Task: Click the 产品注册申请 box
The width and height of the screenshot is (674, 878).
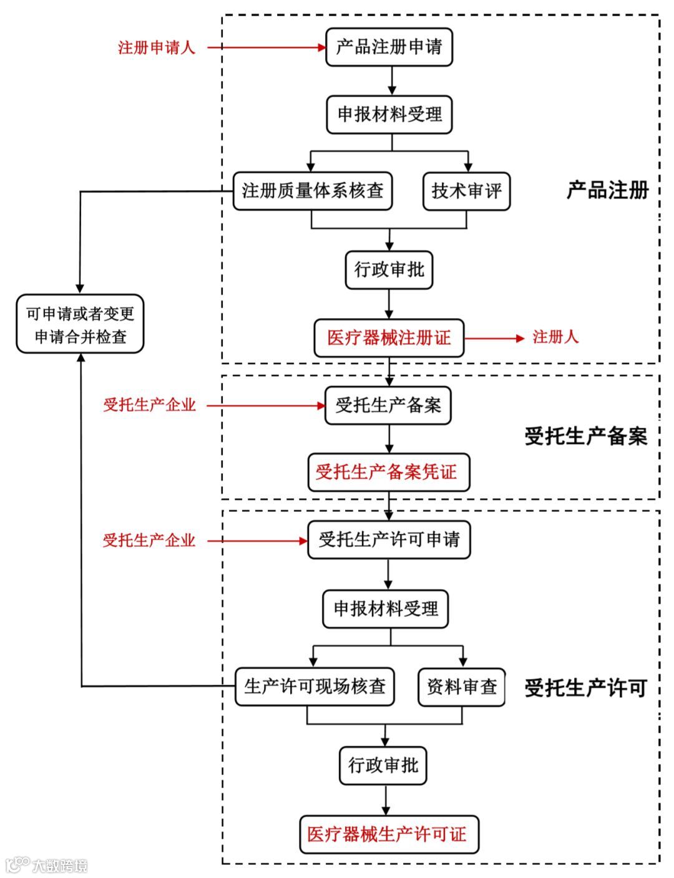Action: click(x=389, y=47)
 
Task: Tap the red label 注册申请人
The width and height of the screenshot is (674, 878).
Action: click(x=157, y=47)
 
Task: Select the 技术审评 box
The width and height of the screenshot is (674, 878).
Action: click(x=466, y=191)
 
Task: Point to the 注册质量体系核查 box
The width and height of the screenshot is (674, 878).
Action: click(x=313, y=191)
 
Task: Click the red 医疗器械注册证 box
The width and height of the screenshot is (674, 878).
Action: click(x=389, y=338)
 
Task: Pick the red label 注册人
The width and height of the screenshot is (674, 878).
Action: click(x=555, y=337)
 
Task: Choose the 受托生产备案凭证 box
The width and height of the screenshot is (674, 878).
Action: click(x=388, y=472)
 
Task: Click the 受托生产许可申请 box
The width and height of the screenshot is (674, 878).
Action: click(x=389, y=540)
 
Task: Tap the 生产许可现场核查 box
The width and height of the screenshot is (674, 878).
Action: click(x=315, y=687)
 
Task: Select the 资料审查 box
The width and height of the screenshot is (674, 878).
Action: click(x=461, y=687)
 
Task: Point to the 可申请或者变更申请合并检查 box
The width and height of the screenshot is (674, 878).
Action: click(x=80, y=325)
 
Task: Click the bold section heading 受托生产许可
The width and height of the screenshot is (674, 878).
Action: click(x=585, y=688)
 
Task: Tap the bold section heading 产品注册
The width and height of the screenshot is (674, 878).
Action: click(x=607, y=190)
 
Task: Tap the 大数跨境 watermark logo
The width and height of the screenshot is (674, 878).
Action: click(x=47, y=865)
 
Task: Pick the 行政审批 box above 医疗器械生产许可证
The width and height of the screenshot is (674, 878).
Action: click(x=383, y=765)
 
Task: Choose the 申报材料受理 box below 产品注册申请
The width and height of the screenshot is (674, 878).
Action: click(x=389, y=115)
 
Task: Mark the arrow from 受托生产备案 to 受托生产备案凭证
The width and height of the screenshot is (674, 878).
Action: click(x=389, y=439)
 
